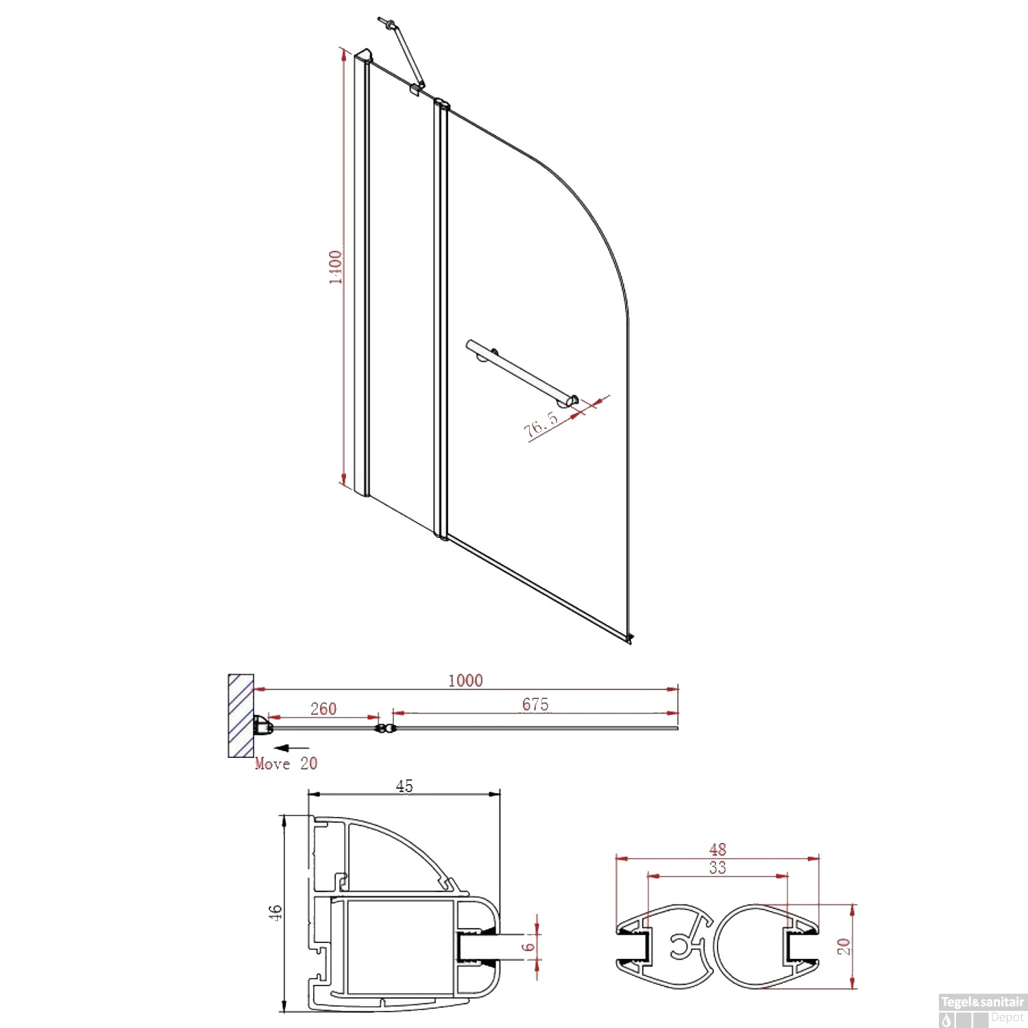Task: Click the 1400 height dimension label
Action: point(335,267)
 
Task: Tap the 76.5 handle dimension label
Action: point(541,425)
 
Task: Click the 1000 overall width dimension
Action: point(465,681)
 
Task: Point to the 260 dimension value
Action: point(323,709)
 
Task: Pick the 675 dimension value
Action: point(535,705)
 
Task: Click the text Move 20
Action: point(286,763)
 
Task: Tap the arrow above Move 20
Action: point(291,748)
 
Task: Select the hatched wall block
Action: point(241,715)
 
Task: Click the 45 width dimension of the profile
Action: point(404,786)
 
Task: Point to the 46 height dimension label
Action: point(275,912)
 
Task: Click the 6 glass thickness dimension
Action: point(528,947)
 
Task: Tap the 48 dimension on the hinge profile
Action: point(718,849)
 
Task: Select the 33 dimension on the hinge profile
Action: point(718,868)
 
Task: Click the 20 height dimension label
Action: point(844,946)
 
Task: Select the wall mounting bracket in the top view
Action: point(261,725)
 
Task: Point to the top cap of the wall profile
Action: point(363,55)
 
